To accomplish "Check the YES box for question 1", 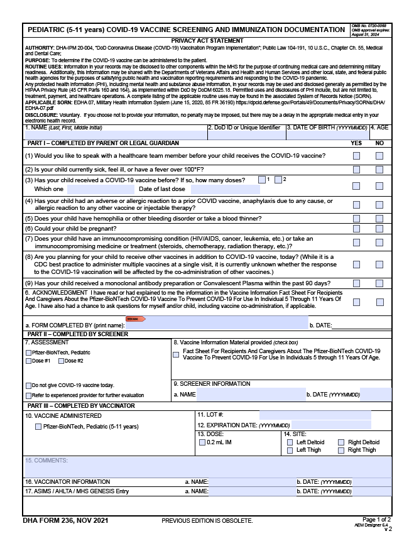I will point(357,156).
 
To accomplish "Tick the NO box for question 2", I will point(379,170).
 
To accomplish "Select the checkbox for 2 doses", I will point(278,180).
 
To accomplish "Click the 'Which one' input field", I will point(100,189).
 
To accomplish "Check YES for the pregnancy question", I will point(357,229).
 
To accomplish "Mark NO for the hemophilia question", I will point(379,219).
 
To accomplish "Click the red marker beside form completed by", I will point(136,319).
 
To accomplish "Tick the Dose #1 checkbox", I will point(28,361).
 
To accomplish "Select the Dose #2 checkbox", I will point(62,361).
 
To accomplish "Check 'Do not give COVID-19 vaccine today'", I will point(28,385).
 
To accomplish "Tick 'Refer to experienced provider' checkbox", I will point(28,395).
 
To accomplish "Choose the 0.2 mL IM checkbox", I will point(202,442).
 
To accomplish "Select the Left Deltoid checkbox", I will point(290,442).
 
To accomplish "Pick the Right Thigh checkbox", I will point(342,450).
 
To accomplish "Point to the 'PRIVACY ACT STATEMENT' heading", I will point(207,41).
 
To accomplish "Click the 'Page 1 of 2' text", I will point(376,520).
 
